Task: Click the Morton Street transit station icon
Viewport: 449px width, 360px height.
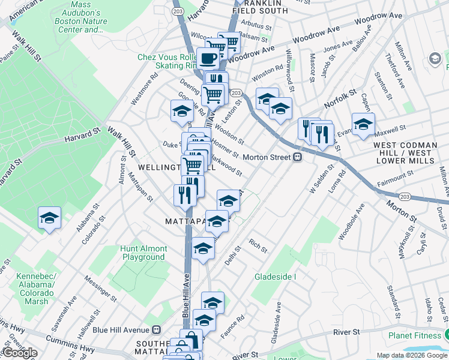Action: point(297,157)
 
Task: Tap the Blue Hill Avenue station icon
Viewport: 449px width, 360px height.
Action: point(157,329)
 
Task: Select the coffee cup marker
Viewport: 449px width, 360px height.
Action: point(209,59)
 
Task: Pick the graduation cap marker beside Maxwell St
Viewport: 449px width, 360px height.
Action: point(363,124)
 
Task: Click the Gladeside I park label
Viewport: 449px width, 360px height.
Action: point(276,277)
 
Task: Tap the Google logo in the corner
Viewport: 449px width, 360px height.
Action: point(19,353)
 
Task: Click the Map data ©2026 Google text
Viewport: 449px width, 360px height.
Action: point(412,355)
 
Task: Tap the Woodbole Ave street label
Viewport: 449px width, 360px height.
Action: point(352,221)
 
